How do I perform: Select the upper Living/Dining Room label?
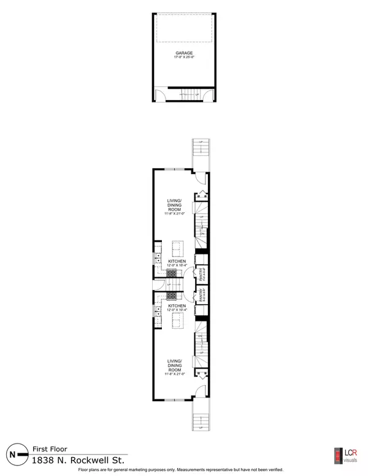(x=175, y=205)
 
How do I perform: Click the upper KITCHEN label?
(x=177, y=261)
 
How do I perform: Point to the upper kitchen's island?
(x=177, y=248)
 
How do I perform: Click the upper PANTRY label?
(x=201, y=273)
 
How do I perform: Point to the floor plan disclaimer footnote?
(x=184, y=472)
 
